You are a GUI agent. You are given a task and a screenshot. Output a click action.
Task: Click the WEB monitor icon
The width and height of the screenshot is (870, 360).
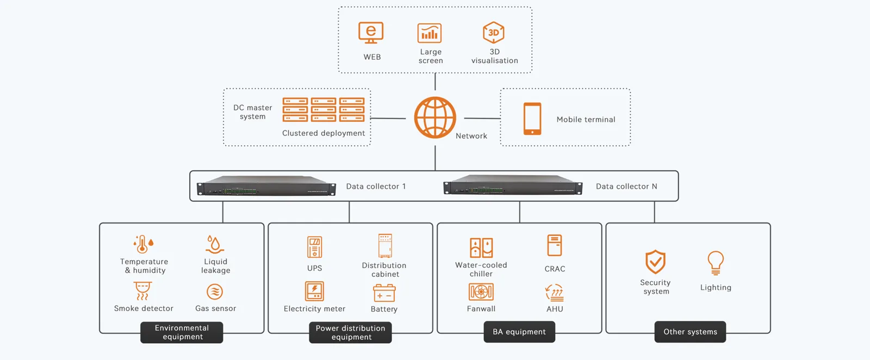tap(371, 33)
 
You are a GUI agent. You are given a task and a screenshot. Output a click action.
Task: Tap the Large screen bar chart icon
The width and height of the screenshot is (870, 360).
tap(430, 33)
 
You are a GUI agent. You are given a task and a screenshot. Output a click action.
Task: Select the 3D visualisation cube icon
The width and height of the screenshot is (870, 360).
tap(494, 33)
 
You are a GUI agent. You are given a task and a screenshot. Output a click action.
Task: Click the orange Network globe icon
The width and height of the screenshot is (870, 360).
tap(435, 117)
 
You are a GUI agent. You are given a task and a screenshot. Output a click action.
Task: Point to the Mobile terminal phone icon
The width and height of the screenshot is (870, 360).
tap(532, 119)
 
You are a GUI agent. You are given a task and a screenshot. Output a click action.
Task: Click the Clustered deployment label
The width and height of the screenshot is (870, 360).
tap(324, 133)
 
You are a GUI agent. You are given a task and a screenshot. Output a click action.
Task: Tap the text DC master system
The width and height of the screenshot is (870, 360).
tap(252, 112)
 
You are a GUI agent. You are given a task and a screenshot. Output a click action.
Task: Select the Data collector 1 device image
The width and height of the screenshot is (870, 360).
tap(266, 185)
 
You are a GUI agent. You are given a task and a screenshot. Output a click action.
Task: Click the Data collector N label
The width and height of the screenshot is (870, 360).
tap(626, 187)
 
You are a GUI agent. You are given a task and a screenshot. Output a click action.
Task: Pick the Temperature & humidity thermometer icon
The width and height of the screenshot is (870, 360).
tap(144, 245)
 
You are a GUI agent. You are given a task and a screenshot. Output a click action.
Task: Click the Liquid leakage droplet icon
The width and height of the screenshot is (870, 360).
tap(215, 244)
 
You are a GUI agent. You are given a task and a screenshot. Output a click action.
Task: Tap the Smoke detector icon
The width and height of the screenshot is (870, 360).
tap(142, 291)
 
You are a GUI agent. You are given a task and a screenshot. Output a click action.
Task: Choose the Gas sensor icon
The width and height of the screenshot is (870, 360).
tap(215, 291)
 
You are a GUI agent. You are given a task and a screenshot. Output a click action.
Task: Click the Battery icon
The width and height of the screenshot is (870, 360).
tap(384, 293)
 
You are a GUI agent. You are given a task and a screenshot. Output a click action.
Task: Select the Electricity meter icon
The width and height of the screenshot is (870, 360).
tap(314, 291)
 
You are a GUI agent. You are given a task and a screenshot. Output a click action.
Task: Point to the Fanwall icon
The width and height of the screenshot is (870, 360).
tap(481, 291)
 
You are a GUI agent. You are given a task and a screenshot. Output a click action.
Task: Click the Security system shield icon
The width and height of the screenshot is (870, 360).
tap(655, 262)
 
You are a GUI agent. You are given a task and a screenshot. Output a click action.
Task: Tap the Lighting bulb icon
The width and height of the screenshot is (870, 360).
tap(716, 263)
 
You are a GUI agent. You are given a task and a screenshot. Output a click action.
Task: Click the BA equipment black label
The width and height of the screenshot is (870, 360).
tap(519, 332)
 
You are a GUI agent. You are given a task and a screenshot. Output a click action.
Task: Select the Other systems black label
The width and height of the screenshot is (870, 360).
tap(690, 332)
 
